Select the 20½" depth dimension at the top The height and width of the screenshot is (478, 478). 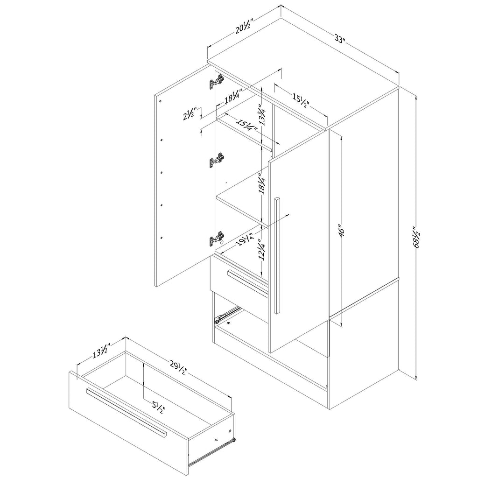[x=244, y=28]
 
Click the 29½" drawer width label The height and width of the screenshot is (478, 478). [x=178, y=367]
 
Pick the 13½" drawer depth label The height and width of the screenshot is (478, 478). [x=101, y=349]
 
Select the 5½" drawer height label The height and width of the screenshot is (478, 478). [x=157, y=408]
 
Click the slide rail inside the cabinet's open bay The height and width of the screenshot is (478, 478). [x=226, y=315]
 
